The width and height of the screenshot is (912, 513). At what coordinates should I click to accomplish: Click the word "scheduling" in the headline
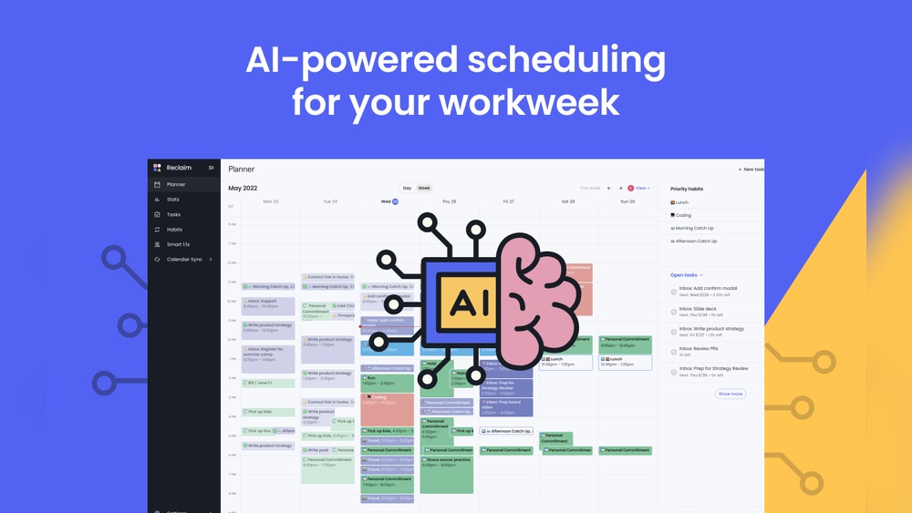point(566,61)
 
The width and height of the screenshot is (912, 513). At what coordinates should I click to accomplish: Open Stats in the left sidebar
point(172,199)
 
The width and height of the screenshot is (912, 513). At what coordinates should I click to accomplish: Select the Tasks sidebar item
point(173,214)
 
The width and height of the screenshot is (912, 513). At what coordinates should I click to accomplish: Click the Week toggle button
point(424,188)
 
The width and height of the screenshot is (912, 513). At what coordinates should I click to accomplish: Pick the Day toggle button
point(407,188)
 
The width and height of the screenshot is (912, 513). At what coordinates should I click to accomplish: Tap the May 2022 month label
point(243,188)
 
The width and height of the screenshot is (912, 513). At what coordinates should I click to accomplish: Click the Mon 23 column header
point(271,201)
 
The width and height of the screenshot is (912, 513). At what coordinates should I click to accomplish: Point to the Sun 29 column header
point(627,201)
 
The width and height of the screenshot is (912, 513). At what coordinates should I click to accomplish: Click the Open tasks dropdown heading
point(686,274)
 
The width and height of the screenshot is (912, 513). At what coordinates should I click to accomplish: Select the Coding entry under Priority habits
point(683,215)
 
